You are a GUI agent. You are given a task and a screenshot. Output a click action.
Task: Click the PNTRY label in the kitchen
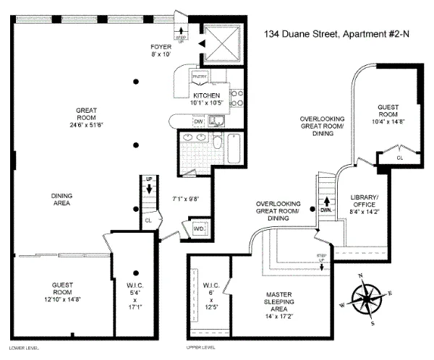tap(200, 74)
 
